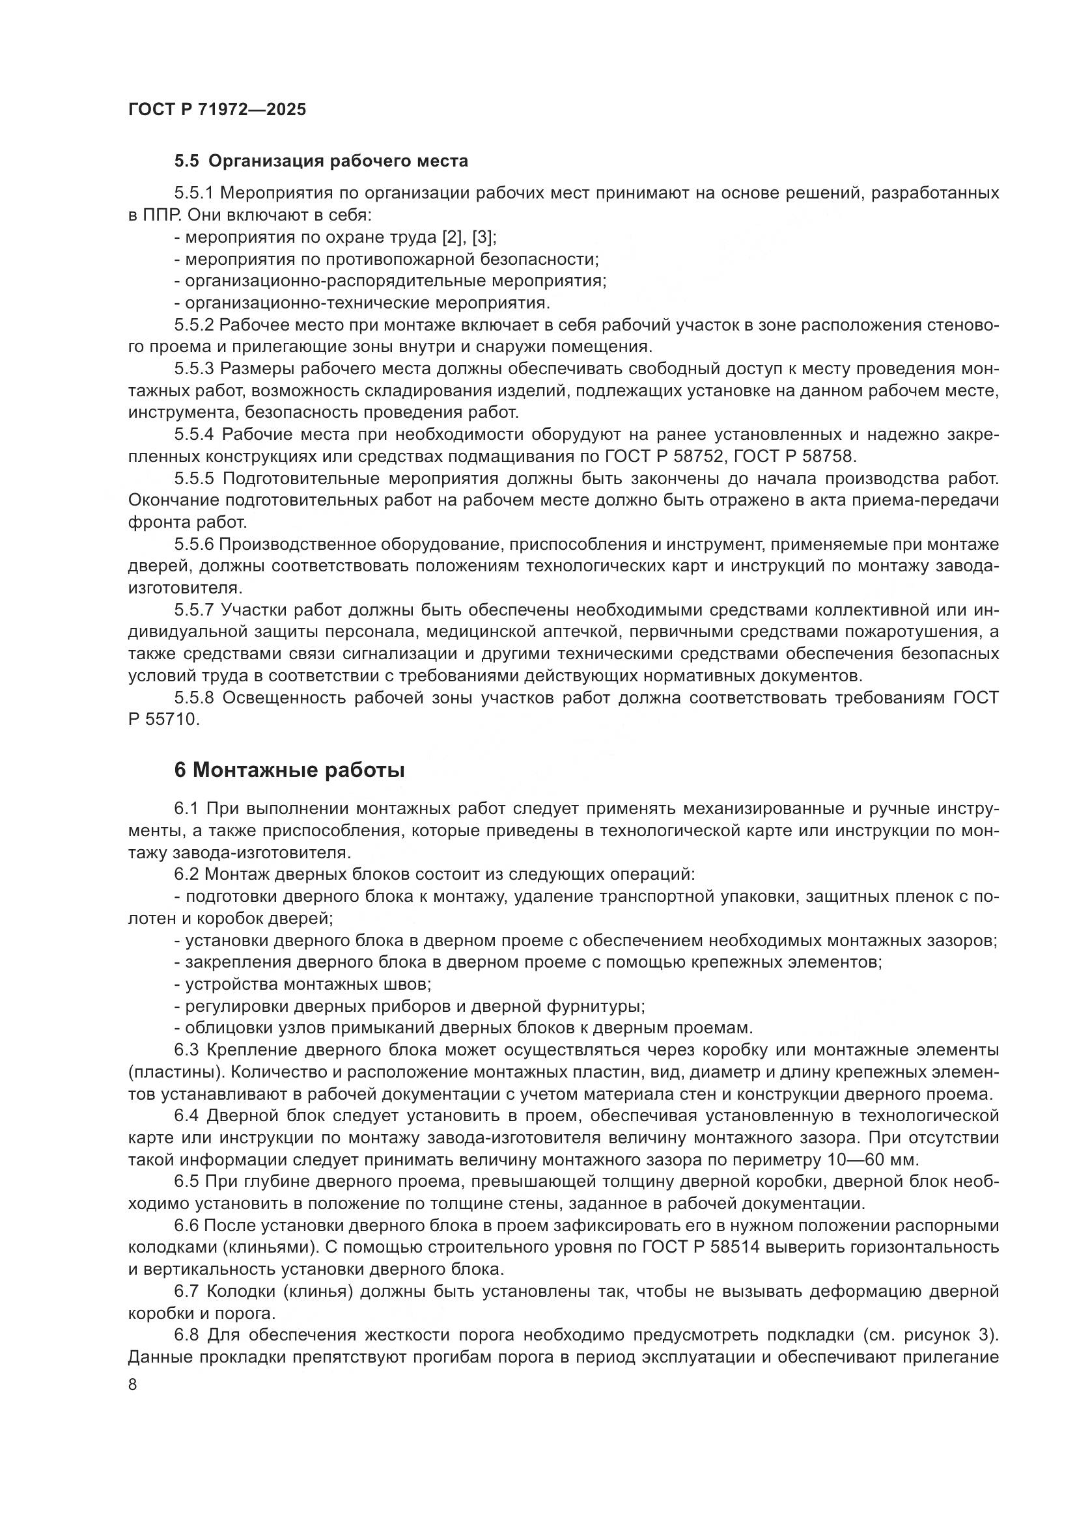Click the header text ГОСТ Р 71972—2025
217,109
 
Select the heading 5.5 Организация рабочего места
321,161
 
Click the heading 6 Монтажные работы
289,770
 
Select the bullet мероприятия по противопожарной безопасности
386,259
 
